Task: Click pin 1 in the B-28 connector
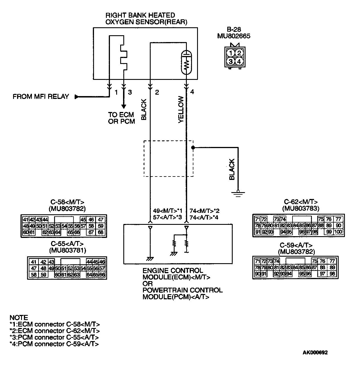click(x=231, y=53)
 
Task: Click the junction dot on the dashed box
click(x=193, y=148)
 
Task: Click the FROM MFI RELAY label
click(x=41, y=97)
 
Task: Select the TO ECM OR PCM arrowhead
click(x=123, y=106)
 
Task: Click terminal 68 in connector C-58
click(x=101, y=232)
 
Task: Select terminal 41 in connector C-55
click(x=34, y=262)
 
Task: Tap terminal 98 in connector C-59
click(x=332, y=274)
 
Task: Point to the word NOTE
click(x=19, y=317)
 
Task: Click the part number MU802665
click(x=234, y=36)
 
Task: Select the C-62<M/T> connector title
click(x=301, y=202)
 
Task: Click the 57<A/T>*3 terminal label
click(x=167, y=218)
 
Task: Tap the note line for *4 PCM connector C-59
click(x=54, y=344)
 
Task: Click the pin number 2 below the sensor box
click(x=157, y=92)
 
